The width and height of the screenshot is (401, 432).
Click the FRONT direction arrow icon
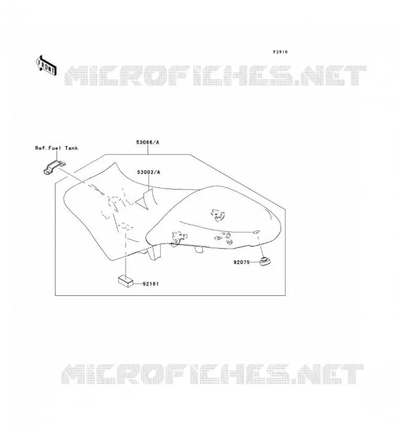pos(46,65)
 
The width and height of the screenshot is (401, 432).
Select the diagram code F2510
pos(280,52)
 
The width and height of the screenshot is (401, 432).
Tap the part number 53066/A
pos(148,143)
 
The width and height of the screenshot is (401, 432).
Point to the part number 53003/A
pos(149,172)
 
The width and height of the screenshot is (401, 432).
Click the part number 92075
pos(242,262)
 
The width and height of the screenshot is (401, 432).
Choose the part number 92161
pos(151,284)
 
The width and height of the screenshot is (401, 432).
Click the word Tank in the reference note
pos(72,148)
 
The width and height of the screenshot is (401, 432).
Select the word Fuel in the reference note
pos(55,148)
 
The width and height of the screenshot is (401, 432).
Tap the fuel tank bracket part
pos(55,167)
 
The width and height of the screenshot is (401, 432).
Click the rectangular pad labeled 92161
pos(126,281)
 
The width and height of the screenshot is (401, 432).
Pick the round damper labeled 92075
pos(265,261)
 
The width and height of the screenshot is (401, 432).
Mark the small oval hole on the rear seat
pos(256,232)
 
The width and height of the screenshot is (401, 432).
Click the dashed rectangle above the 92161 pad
pos(126,227)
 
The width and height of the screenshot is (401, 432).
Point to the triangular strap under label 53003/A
pos(145,199)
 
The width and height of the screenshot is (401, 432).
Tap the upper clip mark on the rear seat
pos(218,215)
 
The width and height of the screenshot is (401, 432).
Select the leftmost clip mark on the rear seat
pos(178,239)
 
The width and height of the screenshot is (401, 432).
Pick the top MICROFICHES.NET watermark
pos(216,75)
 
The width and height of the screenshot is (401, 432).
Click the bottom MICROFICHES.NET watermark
pos(212,374)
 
